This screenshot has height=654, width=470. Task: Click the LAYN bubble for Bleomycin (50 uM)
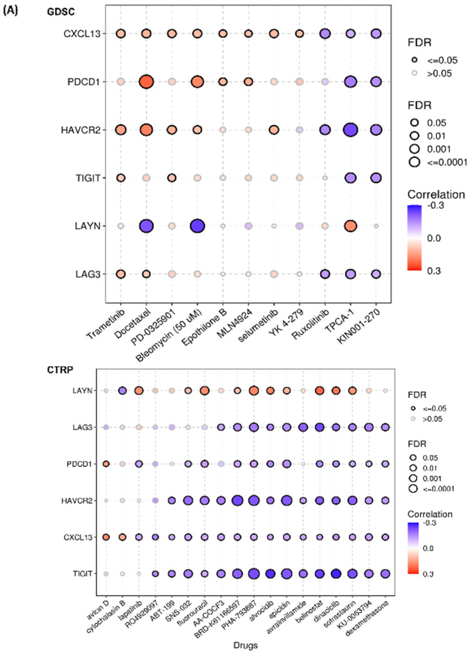(197, 225)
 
